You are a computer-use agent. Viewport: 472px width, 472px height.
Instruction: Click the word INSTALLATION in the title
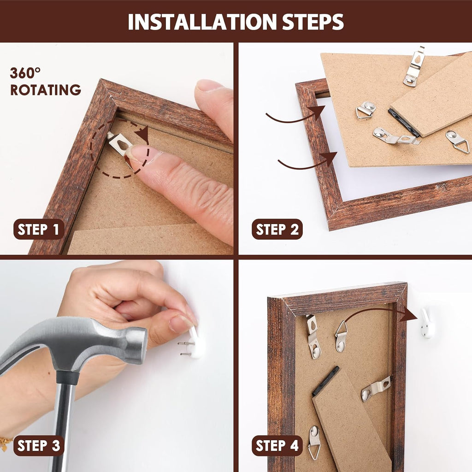tap(202, 22)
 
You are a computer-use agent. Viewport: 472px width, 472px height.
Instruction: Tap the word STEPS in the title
tap(313, 22)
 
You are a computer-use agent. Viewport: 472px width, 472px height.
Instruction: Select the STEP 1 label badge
tap(39, 230)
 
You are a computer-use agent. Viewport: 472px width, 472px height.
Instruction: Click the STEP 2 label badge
tap(277, 230)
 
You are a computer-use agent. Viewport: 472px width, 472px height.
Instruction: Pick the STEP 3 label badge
tap(39, 446)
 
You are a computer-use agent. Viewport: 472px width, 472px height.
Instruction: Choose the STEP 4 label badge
tap(277, 446)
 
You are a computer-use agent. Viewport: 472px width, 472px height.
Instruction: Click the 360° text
tap(25, 73)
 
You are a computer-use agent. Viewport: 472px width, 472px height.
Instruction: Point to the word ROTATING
tap(46, 90)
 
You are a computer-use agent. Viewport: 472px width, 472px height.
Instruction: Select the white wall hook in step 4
tap(428, 324)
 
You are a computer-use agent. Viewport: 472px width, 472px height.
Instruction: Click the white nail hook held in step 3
tap(196, 343)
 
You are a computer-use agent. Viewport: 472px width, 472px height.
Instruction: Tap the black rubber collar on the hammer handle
tap(67, 378)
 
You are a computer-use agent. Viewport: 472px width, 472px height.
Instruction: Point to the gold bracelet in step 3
tap(5, 443)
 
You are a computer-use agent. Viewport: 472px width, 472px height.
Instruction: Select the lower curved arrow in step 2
tap(307, 162)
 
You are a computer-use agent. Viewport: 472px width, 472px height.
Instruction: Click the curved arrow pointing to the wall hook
tap(380, 312)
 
